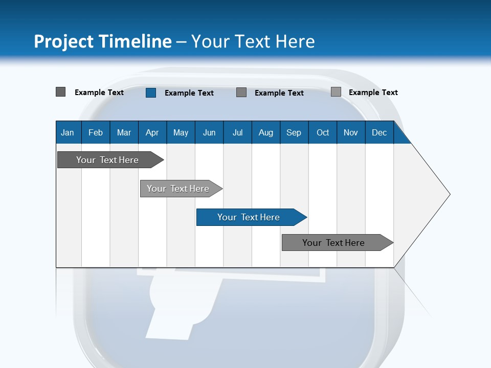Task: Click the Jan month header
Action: click(x=68, y=132)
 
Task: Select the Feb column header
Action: click(x=96, y=132)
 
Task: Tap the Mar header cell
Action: click(x=124, y=132)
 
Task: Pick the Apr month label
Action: click(x=152, y=132)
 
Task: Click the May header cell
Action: click(x=181, y=132)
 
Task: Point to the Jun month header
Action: click(x=209, y=132)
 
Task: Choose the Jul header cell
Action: click(x=237, y=132)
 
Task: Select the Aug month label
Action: click(x=266, y=132)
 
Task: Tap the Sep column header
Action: click(x=294, y=132)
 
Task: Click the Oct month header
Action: click(x=323, y=132)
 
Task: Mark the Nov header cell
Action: click(x=351, y=132)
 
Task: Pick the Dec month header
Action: click(x=380, y=132)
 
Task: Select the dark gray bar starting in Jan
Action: click(x=108, y=160)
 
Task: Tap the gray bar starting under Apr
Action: click(x=178, y=189)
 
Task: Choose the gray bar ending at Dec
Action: click(x=334, y=243)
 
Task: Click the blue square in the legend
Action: click(x=150, y=93)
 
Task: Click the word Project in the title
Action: click(x=64, y=41)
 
